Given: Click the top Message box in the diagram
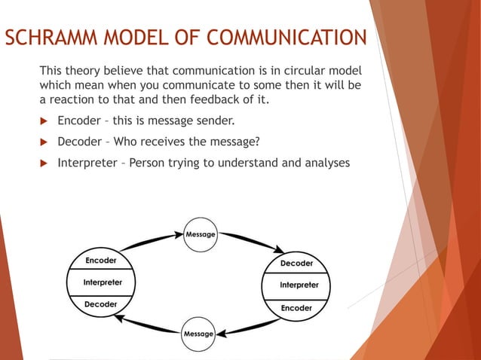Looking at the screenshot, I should click(201, 234).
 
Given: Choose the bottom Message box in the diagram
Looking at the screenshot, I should click(198, 333).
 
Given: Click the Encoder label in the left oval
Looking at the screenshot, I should click(100, 261).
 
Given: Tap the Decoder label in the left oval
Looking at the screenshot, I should click(100, 304).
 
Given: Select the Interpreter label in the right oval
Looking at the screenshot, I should click(299, 285).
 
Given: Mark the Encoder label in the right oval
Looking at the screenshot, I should click(296, 308).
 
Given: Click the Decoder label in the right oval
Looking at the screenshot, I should click(296, 264).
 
